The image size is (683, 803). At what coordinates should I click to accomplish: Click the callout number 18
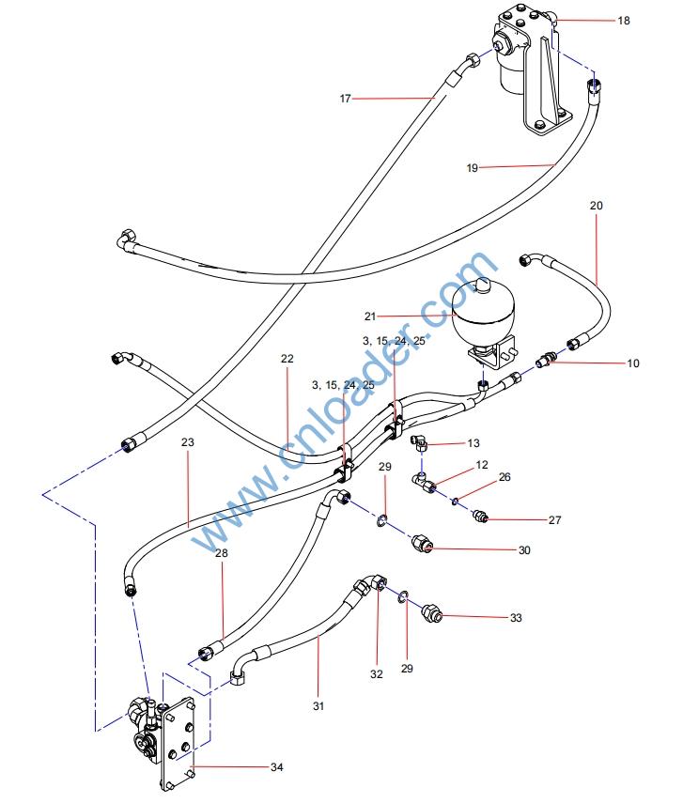pyautogui.click(x=624, y=20)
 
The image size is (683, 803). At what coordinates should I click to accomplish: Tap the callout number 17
pyautogui.click(x=346, y=97)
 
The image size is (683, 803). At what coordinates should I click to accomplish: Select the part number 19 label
pyautogui.click(x=473, y=168)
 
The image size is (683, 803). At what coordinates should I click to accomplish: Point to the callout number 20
pyautogui.click(x=597, y=205)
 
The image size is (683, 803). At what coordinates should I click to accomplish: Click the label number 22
pyautogui.click(x=287, y=358)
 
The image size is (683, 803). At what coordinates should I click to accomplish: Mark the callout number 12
pyautogui.click(x=482, y=465)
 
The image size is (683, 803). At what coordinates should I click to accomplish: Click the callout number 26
pyautogui.click(x=504, y=476)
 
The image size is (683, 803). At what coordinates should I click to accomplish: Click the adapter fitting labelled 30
pyautogui.click(x=422, y=544)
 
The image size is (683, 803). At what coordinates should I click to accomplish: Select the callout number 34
pyautogui.click(x=276, y=767)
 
